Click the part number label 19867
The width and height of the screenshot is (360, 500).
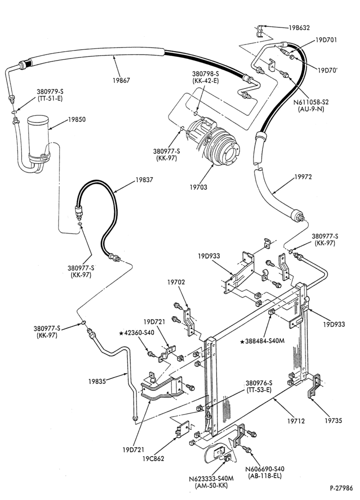(121, 80)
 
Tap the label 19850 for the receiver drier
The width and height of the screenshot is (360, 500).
(77, 119)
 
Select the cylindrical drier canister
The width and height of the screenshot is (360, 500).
(38, 138)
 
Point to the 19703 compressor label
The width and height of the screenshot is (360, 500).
(198, 187)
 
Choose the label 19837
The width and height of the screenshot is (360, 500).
(144, 180)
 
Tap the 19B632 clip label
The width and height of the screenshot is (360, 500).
(299, 27)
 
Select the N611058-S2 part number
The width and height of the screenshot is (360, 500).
(311, 102)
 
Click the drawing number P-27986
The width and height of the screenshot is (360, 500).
(341, 488)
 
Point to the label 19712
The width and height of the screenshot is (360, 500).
(296, 421)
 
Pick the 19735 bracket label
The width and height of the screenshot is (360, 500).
(333, 421)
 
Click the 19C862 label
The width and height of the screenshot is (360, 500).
(153, 459)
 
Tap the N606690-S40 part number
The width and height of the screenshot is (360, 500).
(264, 469)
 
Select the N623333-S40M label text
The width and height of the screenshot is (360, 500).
(211, 479)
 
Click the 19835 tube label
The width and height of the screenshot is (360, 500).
(97, 381)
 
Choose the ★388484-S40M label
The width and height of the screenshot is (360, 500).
(262, 341)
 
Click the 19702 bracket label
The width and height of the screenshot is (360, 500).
(176, 282)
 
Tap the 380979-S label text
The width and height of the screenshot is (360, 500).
(49, 92)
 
